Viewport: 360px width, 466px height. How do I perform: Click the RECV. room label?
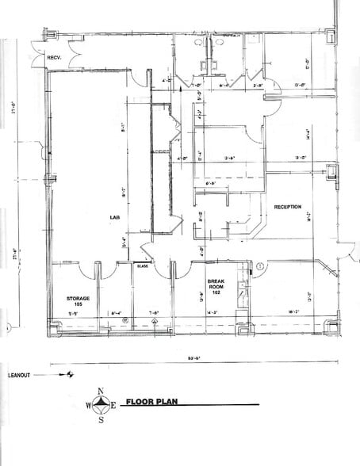click(x=55, y=58)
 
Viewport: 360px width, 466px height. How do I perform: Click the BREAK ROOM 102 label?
click(x=217, y=286)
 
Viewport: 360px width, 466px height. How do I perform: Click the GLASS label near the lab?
click(x=143, y=267)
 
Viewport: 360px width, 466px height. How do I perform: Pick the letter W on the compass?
click(x=89, y=406)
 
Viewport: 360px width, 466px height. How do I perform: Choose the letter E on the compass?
click(x=114, y=406)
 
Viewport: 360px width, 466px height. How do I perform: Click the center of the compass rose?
click(x=101, y=405)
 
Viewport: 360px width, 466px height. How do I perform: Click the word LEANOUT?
click(x=20, y=375)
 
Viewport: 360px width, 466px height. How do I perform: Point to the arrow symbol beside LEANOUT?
click(x=70, y=375)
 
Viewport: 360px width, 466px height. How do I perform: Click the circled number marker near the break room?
click(x=259, y=265)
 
